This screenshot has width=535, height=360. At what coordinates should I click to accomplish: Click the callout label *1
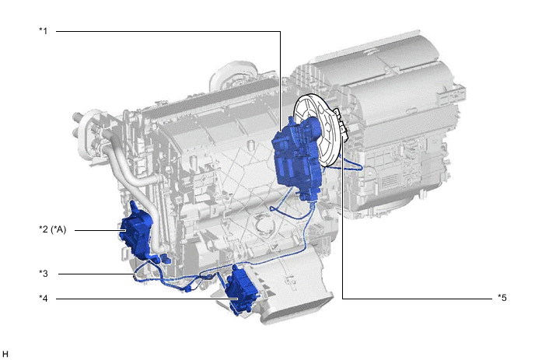44,31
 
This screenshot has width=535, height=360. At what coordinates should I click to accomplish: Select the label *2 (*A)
53,229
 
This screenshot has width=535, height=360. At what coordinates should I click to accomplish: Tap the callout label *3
44,274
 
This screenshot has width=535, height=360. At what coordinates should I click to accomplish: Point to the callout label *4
44,299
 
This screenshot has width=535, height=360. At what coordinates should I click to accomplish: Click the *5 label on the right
502,298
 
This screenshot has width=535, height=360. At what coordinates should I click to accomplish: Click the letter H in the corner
5,354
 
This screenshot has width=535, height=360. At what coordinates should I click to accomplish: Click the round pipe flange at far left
86,134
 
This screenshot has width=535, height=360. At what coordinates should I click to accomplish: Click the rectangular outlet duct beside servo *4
293,293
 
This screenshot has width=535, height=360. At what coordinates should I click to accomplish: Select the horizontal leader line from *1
168,31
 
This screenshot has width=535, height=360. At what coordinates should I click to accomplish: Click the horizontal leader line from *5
418,299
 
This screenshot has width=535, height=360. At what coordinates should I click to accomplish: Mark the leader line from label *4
147,299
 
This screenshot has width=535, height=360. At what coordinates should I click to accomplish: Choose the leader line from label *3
96,274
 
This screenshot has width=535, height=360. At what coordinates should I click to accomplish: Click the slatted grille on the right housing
389,181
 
